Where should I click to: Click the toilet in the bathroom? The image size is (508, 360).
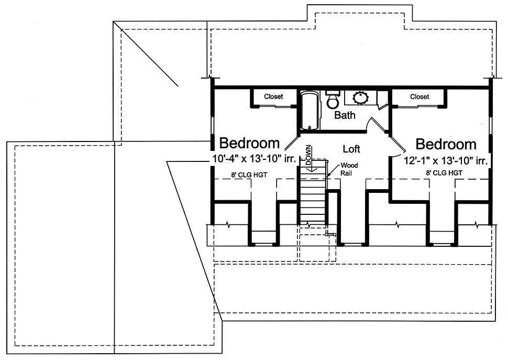tap(333, 100)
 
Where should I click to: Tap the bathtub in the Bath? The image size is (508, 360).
tap(310, 111)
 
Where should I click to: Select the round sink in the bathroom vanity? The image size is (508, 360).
tap(360, 98)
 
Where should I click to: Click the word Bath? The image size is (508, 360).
tap(345, 115)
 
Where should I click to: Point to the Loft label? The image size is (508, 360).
tap(351, 149)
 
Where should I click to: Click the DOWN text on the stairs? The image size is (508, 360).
tap(308, 155)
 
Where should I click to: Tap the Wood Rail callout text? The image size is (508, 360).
tap(349, 169)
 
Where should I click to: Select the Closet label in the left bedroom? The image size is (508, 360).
tap(273, 96)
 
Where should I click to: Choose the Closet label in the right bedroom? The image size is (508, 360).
tap(419, 96)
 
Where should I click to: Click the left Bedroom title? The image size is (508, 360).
tap(249, 143)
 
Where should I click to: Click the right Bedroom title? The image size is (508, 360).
tap(446, 144)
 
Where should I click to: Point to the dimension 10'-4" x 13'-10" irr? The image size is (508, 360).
tap(255, 159)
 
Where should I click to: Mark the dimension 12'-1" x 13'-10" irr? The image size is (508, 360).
tap(446, 160)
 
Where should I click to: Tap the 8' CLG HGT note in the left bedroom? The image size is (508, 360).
tap(249, 175)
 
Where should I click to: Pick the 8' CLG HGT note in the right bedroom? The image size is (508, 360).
tap(444, 173)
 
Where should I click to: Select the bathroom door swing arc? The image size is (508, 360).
tap(369, 123)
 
